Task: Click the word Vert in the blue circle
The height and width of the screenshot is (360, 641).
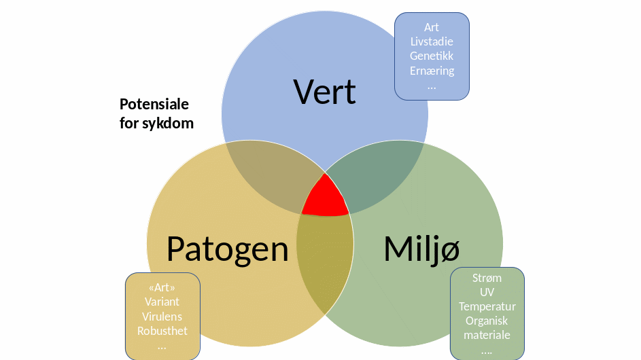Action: point(324,92)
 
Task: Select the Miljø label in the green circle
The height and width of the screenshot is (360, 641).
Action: point(421,249)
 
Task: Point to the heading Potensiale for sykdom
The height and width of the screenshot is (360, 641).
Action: point(156,114)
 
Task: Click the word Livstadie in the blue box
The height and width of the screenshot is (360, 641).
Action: point(432,41)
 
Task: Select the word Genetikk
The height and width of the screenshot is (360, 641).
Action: point(432,56)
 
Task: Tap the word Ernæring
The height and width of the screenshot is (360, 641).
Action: point(432,70)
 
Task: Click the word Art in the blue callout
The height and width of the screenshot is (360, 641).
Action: point(432,27)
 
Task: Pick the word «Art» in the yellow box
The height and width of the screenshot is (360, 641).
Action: point(162,287)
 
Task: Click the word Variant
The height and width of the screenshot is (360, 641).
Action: point(162,302)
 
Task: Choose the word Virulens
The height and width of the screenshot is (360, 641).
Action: point(162,317)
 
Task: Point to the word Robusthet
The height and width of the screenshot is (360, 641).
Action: point(162,331)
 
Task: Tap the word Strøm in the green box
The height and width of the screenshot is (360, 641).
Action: point(487,278)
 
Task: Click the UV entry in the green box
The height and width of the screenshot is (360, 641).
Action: point(487,292)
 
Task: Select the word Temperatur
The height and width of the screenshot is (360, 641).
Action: point(487,306)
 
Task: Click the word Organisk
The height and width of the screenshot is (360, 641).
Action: point(487,321)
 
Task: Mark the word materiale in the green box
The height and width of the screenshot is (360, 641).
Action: point(487,335)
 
